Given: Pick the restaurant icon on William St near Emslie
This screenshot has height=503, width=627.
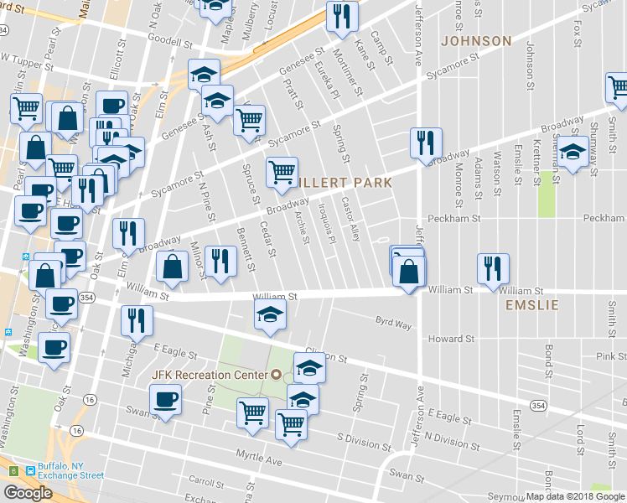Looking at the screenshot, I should point(493,268).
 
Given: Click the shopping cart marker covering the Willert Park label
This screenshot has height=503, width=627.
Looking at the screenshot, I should point(282,172).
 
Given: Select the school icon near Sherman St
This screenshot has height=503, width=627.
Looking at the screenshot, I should point(573,154).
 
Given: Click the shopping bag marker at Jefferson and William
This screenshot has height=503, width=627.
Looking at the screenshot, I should point(408,271).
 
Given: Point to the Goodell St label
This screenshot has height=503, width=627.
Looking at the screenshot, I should point(170,39).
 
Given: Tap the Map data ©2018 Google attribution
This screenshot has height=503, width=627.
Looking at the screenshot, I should point(575,496).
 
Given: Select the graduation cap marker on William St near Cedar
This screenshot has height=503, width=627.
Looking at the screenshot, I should point(270,314).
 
